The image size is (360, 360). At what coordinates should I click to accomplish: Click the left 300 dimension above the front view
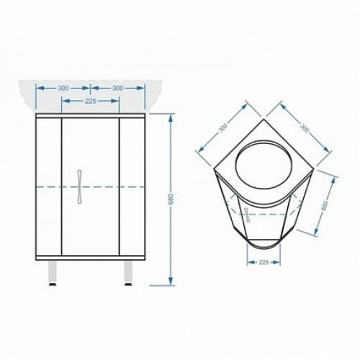tap(63, 89)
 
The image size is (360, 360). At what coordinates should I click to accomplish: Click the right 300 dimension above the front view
tap(118, 89)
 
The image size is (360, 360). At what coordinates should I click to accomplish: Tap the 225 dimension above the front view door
tap(91, 101)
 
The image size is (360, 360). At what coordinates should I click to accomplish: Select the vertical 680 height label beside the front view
tap(171, 199)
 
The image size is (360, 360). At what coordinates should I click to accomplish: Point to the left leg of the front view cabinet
tap(53, 272)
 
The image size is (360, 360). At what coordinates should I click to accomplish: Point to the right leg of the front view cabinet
tap(128, 272)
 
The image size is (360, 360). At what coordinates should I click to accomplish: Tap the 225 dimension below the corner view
tap(264, 262)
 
